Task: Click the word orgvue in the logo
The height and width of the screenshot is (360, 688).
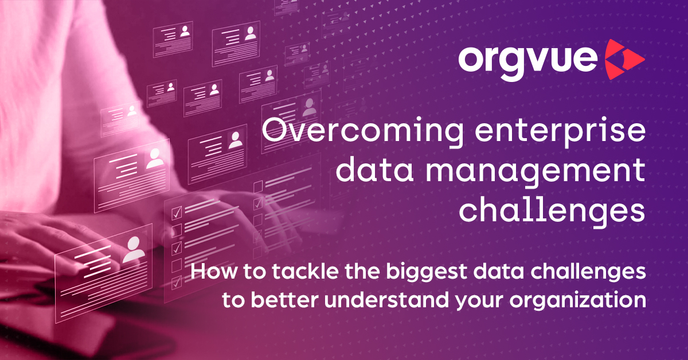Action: [527, 61]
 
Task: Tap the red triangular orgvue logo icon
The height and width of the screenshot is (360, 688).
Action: [624, 60]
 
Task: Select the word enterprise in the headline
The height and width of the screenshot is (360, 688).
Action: [560, 131]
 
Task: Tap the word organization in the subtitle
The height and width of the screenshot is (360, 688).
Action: [578, 301]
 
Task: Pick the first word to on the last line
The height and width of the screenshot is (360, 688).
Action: [233, 300]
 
